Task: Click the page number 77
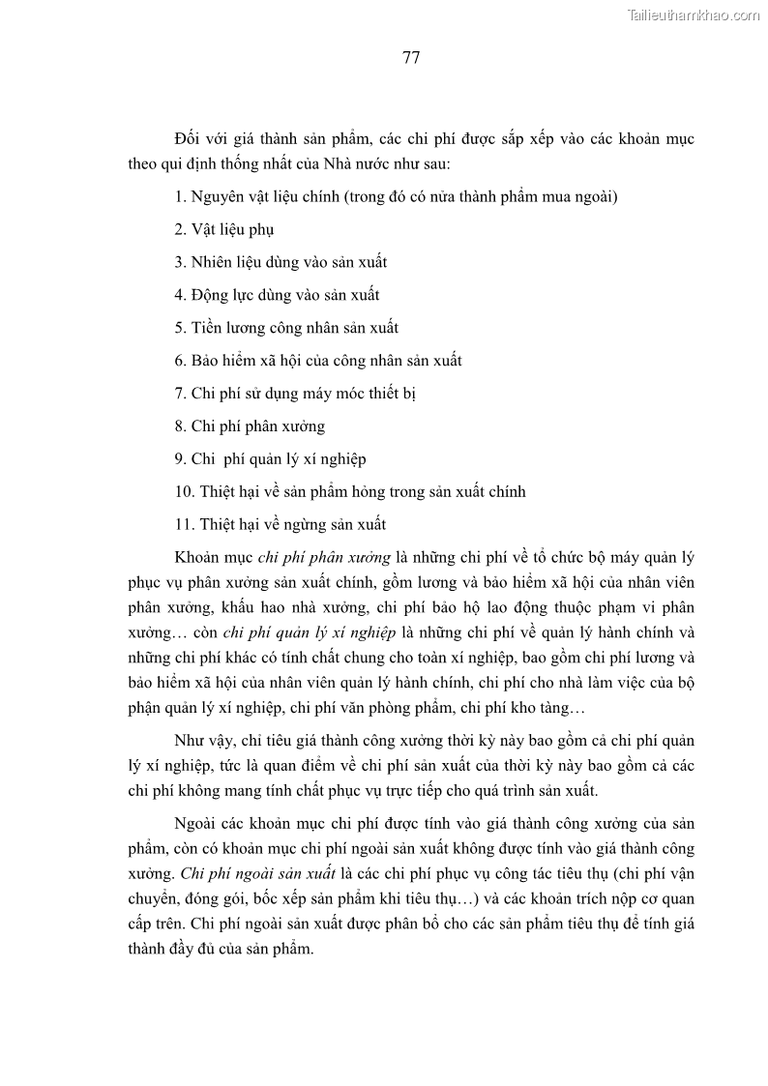(x=410, y=57)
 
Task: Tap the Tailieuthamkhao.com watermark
(x=694, y=15)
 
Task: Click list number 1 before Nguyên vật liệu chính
(x=180, y=196)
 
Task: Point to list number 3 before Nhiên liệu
(x=180, y=262)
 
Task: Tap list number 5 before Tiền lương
(x=180, y=328)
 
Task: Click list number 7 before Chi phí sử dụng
(x=180, y=394)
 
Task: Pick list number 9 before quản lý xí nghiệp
(x=180, y=459)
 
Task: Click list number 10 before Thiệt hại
(x=184, y=492)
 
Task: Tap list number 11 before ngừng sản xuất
(x=184, y=525)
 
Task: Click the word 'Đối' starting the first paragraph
(x=189, y=139)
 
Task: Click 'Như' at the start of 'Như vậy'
(x=191, y=742)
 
